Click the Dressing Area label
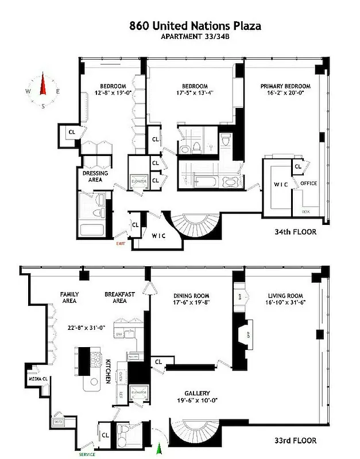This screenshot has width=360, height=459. click(95, 176)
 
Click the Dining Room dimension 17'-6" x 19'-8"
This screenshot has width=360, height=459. click(192, 305)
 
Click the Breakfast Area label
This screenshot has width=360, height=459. click(119, 297)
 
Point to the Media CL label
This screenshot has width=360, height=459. click(34, 379)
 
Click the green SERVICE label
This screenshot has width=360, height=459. click(88, 454)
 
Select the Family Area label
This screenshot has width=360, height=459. click(69, 297)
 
